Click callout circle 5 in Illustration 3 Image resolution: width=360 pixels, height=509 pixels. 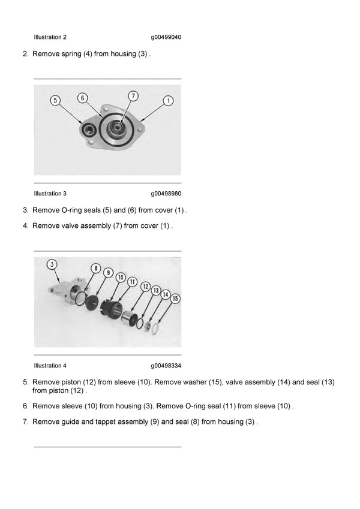coord(55,101)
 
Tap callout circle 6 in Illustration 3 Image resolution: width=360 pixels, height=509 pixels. coord(83,97)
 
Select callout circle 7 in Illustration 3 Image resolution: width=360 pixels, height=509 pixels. coord(133,95)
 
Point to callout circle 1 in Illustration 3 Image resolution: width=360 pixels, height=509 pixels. coord(169,101)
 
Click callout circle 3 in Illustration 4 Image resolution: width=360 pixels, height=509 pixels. coord(52,264)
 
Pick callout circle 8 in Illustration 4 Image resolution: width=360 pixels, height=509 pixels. coord(95,268)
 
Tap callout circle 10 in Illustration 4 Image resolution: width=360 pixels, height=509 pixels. coord(120,278)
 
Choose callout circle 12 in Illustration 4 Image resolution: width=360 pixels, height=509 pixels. coord(145,287)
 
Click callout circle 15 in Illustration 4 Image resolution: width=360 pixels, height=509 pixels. coord(175,298)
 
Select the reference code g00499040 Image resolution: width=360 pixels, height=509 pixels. coord(166,37)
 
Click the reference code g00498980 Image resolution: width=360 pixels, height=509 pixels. coord(166,194)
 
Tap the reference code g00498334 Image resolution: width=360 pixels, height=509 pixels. coord(166,366)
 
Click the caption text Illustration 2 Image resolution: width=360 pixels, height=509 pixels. coord(50,37)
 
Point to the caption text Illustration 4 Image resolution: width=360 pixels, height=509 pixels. coord(50,366)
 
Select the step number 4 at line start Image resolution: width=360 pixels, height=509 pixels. coord(25,226)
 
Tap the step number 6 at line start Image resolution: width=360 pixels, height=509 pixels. coord(25,406)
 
